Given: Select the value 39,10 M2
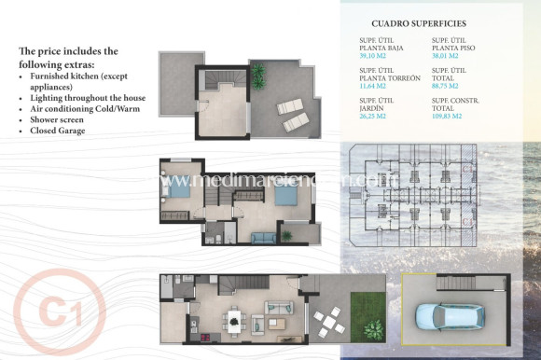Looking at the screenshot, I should [x=375, y=55].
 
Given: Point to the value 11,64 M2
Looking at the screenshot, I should [x=375, y=84].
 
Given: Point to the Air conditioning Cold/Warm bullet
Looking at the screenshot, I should [x=85, y=108].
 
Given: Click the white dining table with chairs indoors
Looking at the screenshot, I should [x=233, y=322].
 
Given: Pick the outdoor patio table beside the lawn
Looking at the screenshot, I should [x=326, y=323].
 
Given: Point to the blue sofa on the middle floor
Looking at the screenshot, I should [x=263, y=238].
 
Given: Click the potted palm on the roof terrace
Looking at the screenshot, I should [x=258, y=72].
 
